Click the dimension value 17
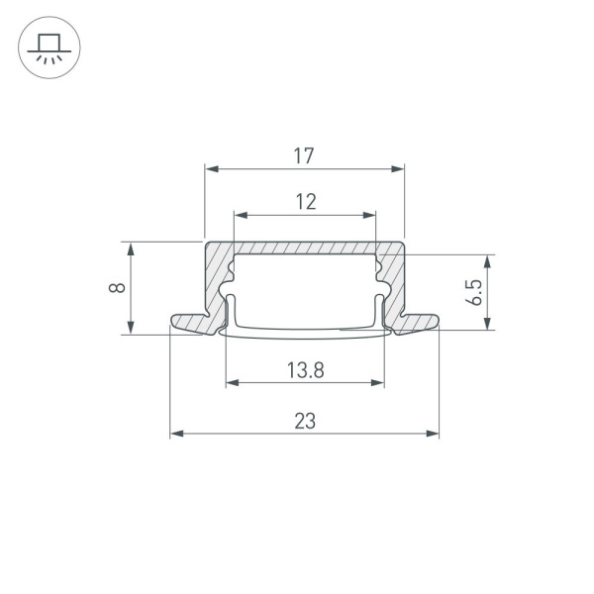coord(305,155)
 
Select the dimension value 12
coord(305,202)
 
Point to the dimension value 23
coord(305,421)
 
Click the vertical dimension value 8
coord(117,288)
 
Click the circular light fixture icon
coord(47,47)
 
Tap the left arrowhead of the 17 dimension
coord(211,169)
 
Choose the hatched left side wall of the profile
coord(215,282)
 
